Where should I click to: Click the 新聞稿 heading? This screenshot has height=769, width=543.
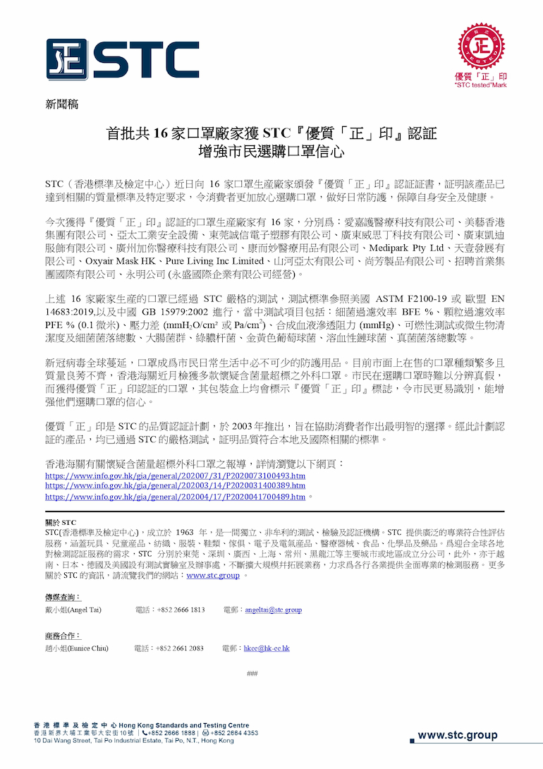[61, 104]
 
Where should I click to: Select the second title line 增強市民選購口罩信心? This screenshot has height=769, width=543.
[271, 150]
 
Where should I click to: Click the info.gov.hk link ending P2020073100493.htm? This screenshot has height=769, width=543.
[175, 476]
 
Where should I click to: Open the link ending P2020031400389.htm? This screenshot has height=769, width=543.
[175, 486]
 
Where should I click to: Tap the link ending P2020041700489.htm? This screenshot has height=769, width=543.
[175, 496]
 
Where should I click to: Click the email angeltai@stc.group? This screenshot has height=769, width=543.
[272, 610]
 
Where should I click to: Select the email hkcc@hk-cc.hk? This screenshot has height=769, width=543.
[267, 648]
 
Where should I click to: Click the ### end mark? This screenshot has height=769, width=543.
[252, 673]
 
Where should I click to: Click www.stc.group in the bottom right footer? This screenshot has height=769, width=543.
[457, 735]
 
